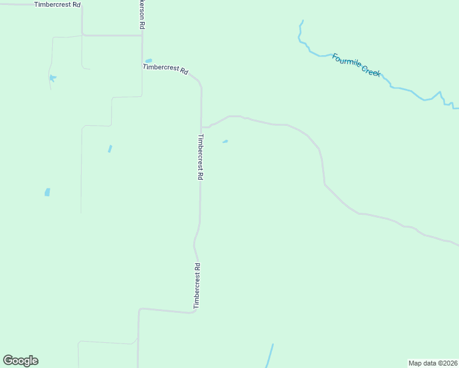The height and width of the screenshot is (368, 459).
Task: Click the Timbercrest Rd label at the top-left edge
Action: [x=58, y=4]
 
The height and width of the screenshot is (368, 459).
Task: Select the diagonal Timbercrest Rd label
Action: [x=165, y=68]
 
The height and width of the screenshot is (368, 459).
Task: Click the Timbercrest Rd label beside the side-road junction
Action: [x=200, y=157]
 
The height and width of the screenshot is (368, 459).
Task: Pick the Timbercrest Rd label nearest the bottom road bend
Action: [x=197, y=286]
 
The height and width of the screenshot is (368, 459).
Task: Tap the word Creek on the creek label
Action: [x=371, y=72]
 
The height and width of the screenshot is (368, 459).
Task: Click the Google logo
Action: [x=20, y=361]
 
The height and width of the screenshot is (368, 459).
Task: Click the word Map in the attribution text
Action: [x=416, y=363]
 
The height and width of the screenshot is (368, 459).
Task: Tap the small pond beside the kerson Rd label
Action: [x=148, y=61]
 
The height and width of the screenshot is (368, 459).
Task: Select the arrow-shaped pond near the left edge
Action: [x=53, y=78]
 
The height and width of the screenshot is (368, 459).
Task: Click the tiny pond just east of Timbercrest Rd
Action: [x=225, y=142]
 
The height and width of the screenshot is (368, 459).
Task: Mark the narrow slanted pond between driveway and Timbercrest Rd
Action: [x=110, y=148]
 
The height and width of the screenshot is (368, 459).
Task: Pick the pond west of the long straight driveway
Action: [x=47, y=192]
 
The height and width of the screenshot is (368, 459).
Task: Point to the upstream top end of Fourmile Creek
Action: [x=301, y=22]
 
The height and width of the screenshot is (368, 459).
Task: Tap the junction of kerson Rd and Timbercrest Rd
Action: [x=142, y=36]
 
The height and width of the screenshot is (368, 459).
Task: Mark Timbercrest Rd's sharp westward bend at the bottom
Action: [x=194, y=312]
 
